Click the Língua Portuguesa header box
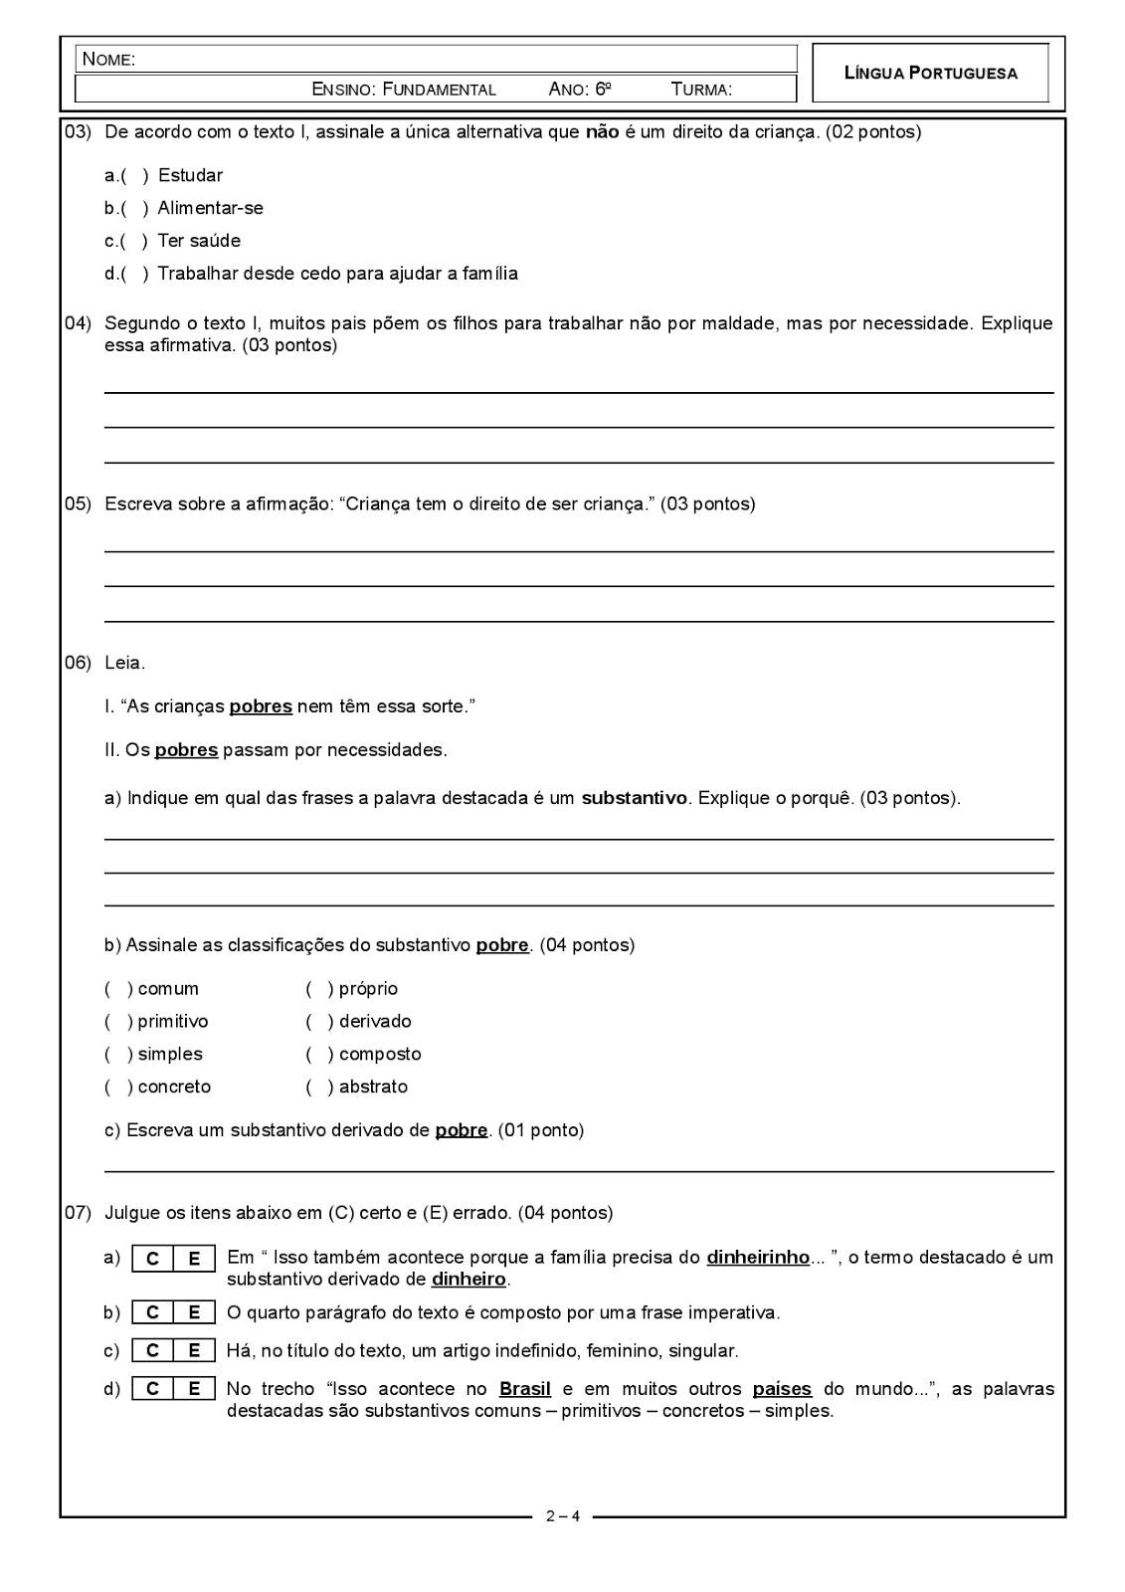pos(930,73)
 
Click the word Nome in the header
pos(108,59)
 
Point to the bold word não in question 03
pos(602,131)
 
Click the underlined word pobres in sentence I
pos(261,706)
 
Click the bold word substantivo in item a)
pos(634,798)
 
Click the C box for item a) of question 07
pos(152,1259)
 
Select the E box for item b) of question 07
pos(194,1313)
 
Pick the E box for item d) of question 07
pos(194,1389)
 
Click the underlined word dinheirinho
pos(757,1258)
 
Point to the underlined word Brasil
pos(524,1389)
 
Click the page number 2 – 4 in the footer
pos(562,1517)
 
